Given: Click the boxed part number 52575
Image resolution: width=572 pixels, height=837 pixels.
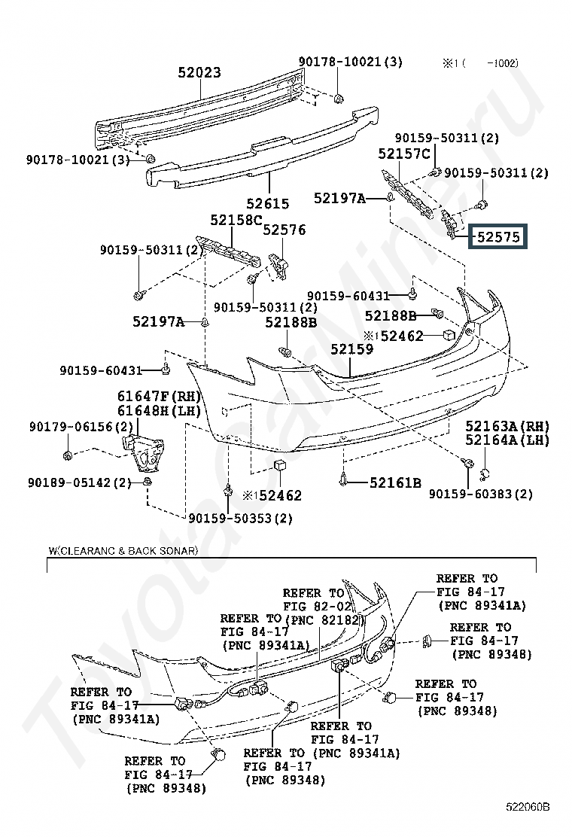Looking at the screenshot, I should click(500, 237).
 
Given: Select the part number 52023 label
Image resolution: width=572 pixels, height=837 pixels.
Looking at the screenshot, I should click(199, 73).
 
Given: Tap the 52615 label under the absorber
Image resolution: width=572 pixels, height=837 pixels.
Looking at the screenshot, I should click(267, 203).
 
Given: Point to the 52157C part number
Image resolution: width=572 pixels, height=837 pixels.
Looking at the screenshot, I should click(404, 154).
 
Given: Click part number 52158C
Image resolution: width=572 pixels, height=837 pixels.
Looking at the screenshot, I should click(236, 221).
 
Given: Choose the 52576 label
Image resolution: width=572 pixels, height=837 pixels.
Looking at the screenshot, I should click(284, 230).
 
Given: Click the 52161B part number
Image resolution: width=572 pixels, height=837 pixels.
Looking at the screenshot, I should click(395, 482).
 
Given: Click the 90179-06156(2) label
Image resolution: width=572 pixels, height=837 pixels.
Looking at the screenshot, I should click(71, 427).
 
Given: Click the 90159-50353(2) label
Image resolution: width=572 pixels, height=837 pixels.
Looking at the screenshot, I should click(241, 518).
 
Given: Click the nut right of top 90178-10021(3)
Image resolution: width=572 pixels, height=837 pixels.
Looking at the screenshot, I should click(339, 97).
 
